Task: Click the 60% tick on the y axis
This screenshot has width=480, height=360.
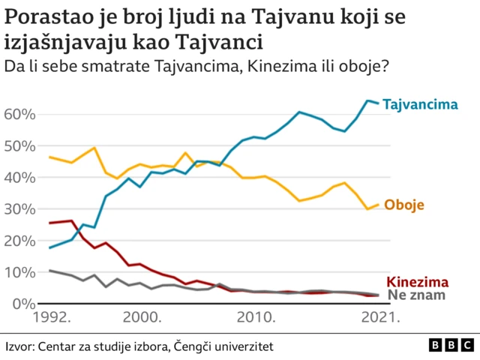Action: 20,115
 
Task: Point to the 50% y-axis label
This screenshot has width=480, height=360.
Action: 20,146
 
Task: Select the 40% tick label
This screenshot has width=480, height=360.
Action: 20,178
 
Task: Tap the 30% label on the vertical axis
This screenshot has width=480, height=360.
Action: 20,209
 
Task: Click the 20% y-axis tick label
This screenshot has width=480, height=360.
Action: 20,241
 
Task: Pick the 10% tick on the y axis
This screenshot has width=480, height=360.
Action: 20,272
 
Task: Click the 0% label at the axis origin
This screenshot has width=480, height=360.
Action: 24,304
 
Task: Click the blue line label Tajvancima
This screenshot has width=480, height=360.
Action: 420,105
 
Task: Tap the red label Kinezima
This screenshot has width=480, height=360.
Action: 418,282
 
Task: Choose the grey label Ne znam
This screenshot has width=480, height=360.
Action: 416,295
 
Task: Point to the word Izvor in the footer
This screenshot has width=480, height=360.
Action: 19,346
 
